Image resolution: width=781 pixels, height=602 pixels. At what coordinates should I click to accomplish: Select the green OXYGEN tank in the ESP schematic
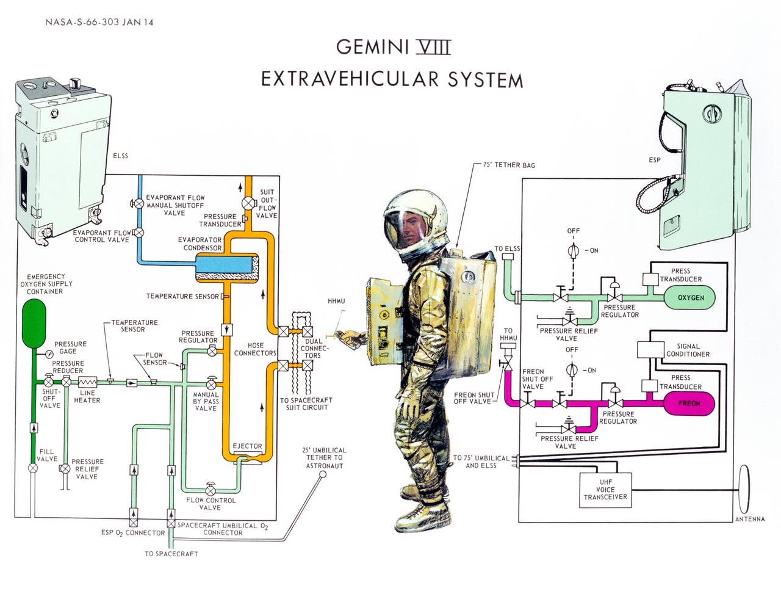[690, 297]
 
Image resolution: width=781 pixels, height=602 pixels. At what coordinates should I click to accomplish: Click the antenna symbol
[744, 490]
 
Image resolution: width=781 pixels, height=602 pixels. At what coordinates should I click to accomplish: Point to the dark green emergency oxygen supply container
[34, 322]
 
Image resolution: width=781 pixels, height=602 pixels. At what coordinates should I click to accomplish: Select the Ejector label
[248, 446]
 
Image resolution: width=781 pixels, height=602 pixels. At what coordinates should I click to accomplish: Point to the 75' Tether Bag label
[509, 165]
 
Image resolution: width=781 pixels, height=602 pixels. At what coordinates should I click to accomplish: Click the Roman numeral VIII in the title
[432, 47]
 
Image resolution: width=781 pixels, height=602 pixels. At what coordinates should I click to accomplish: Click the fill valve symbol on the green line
[34, 468]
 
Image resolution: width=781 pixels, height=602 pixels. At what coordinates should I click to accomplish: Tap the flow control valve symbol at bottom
[210, 490]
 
